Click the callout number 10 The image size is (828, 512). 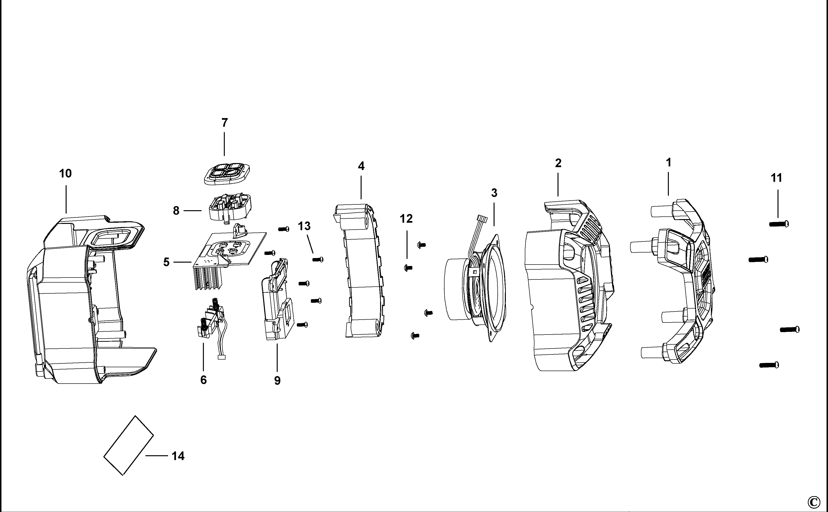click(65, 174)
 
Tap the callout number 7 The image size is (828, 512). click(225, 123)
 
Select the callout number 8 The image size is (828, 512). click(176, 211)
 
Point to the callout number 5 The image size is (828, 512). click(166, 262)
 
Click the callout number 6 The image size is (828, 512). click(203, 380)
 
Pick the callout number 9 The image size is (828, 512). click(277, 381)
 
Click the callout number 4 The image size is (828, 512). click(361, 166)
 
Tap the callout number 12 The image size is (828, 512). click(406, 219)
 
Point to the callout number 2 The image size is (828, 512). click(558, 164)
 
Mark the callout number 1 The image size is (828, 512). click(669, 163)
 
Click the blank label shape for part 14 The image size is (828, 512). click(129, 445)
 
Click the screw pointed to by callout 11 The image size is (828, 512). click(778, 224)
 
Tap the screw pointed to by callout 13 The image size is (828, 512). click(318, 260)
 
